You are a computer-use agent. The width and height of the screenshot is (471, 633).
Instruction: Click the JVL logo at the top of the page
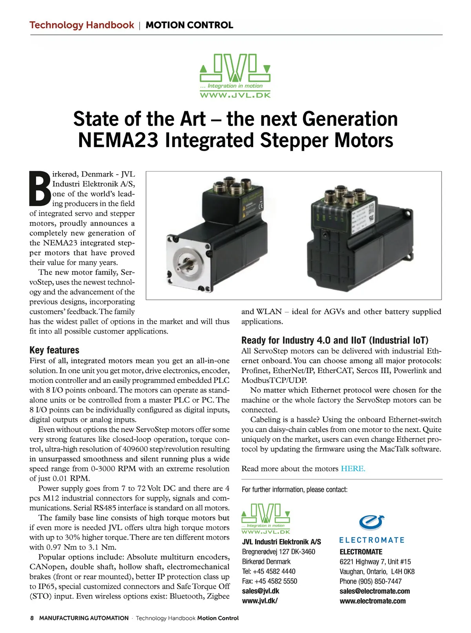235,76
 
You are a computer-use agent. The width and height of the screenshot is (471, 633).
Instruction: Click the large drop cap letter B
40,188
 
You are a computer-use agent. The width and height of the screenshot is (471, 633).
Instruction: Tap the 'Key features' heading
54,350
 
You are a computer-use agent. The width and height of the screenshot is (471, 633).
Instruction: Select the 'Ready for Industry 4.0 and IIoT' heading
335,340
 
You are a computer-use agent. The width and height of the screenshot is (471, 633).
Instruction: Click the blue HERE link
353,469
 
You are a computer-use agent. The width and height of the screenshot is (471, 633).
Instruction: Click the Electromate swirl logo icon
371,523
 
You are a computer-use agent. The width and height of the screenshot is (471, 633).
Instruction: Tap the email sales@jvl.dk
261,591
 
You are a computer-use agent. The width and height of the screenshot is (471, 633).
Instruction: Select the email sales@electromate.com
374,591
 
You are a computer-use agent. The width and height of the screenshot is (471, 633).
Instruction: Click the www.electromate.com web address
372,601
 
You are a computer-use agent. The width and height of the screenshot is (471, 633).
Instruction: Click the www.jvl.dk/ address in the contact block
260,601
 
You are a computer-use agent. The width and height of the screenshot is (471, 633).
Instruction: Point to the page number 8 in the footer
32,618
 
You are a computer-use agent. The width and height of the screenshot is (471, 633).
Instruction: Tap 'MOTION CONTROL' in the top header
189,25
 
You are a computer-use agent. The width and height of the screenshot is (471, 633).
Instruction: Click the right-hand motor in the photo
361,235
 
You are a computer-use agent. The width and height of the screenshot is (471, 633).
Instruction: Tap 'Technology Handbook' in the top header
82,25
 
